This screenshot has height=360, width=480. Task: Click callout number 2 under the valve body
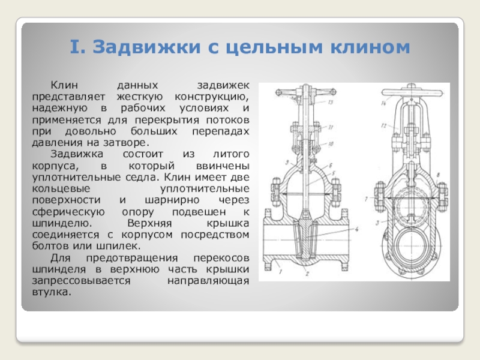[306, 274]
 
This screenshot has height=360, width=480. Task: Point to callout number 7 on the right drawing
[364, 197]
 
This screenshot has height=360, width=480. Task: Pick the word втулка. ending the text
[50, 292]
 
